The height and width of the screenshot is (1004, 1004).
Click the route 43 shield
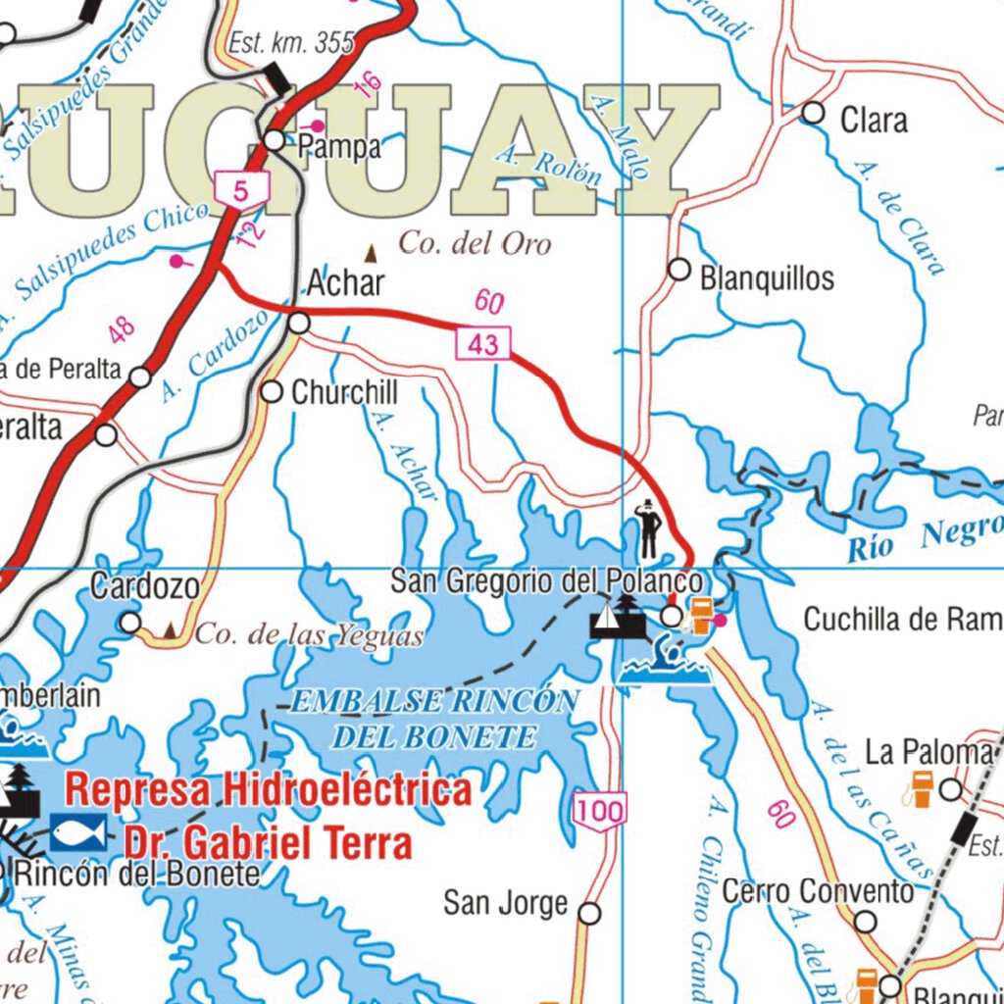[x=483, y=343]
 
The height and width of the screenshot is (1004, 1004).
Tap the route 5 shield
[x=241, y=189]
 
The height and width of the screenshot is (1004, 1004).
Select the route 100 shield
[x=599, y=811]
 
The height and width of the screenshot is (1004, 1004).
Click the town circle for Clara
[x=813, y=113]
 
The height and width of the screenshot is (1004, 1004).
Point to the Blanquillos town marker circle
[x=678, y=270]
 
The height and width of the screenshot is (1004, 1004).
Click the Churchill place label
[x=344, y=393]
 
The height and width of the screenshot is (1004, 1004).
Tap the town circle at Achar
[x=300, y=323]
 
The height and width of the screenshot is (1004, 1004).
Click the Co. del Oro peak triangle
[x=372, y=254]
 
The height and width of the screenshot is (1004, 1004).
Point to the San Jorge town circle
[x=589, y=914]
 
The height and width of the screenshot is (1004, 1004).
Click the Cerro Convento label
[x=818, y=892]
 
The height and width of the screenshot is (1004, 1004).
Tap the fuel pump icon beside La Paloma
[x=921, y=787]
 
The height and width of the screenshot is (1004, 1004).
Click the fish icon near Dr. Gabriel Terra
[x=78, y=833]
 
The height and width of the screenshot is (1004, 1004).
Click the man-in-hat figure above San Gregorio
[x=649, y=529]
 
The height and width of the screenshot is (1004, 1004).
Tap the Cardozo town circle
[x=129, y=623]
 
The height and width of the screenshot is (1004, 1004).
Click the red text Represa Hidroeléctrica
[x=268, y=789]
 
